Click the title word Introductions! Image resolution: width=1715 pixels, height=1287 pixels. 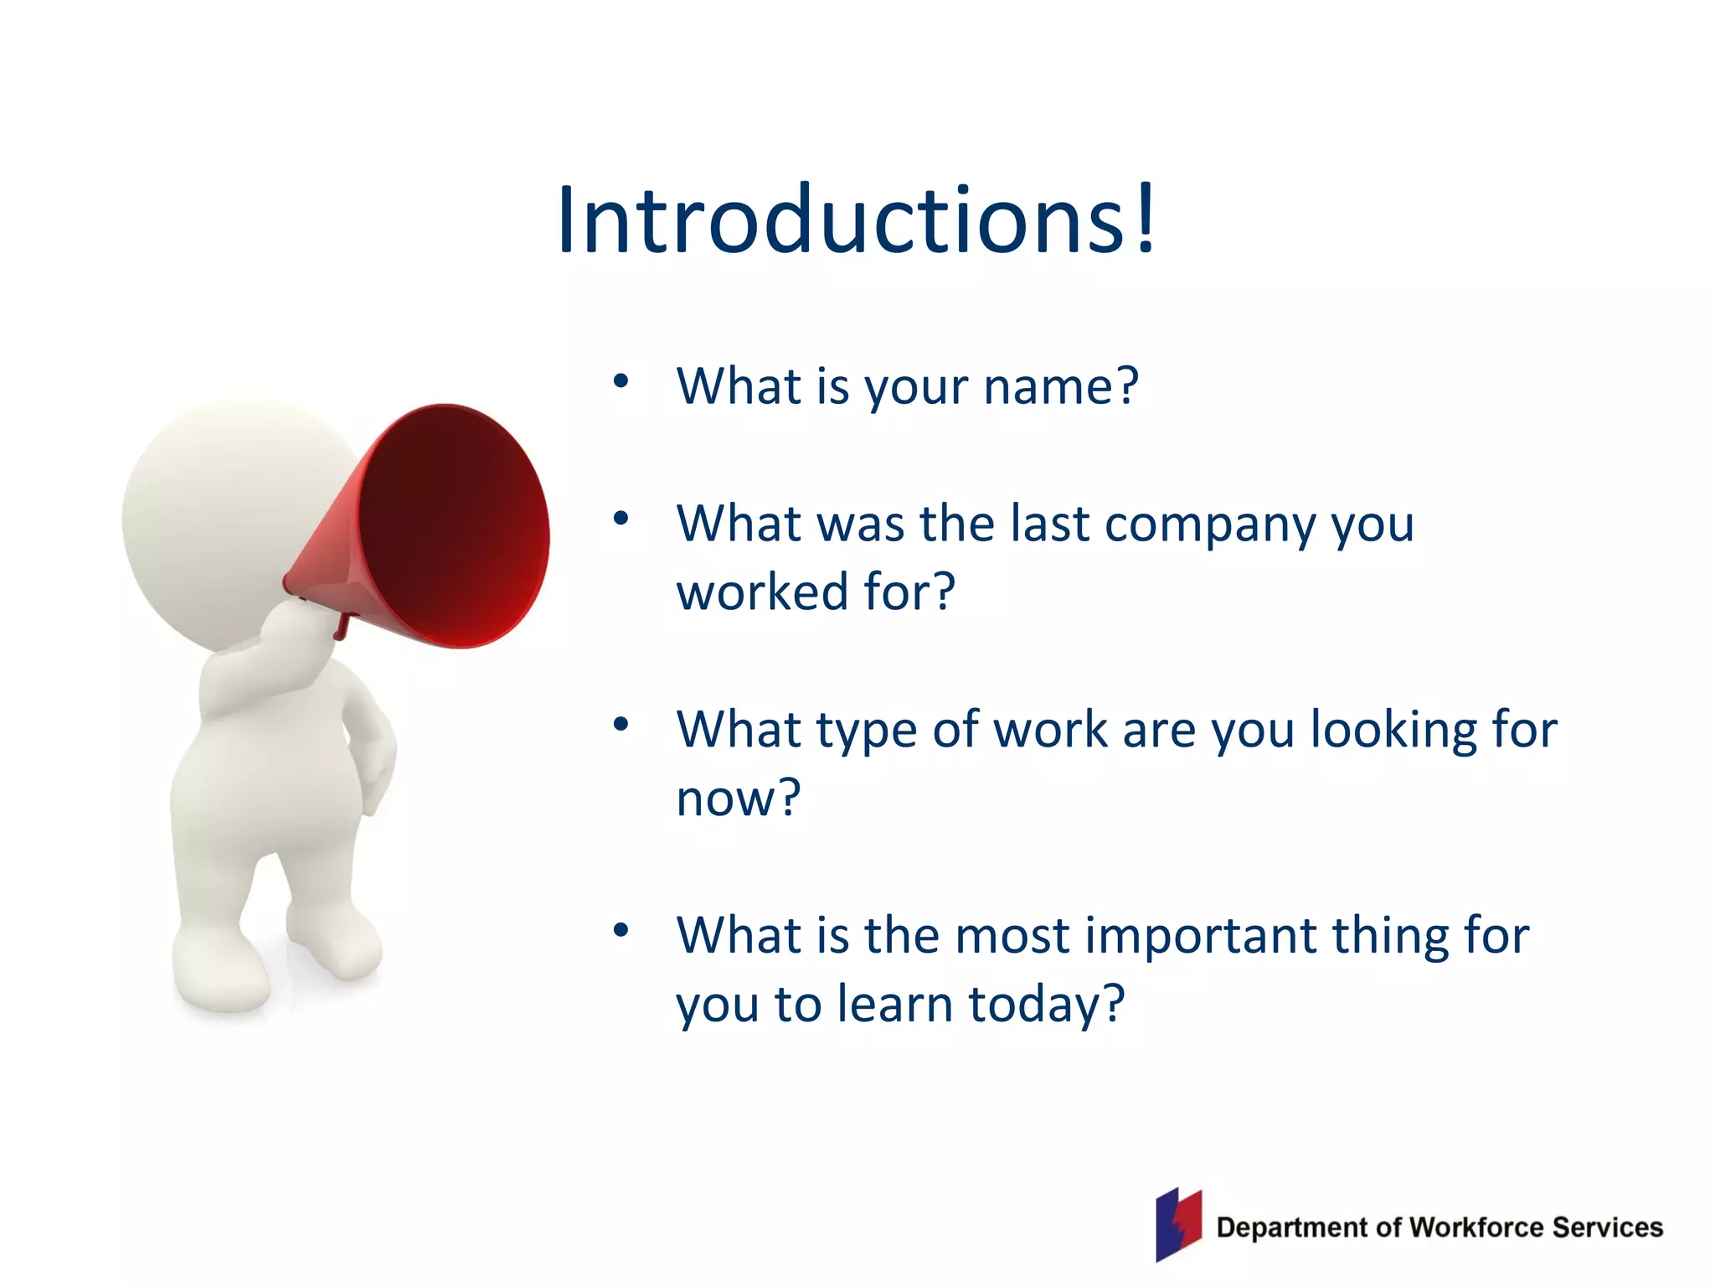[856, 220]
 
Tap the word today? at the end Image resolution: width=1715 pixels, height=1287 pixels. [1047, 1005]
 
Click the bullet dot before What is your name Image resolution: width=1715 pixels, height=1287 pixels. [621, 382]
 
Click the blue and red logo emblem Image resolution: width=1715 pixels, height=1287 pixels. [1178, 1224]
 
